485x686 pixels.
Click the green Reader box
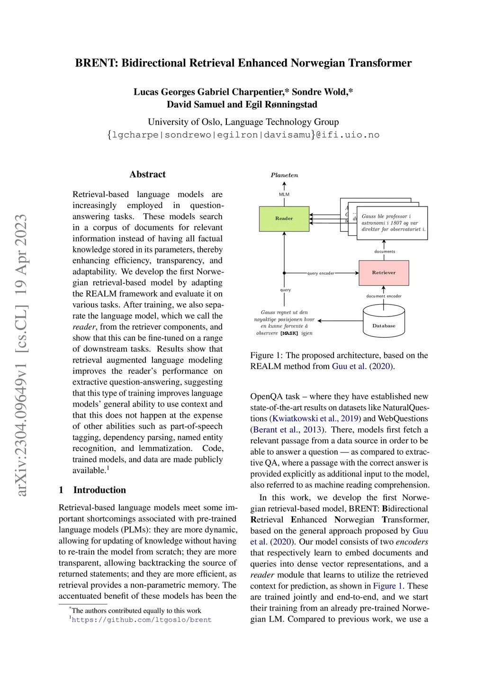tap(284, 218)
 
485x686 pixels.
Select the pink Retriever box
tap(384, 273)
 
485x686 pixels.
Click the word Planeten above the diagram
tap(284, 175)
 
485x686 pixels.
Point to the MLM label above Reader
tap(284, 194)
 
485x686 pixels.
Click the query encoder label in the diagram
tap(321, 273)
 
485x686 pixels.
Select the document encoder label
tap(384, 296)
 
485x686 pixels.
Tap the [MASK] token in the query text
tap(289, 334)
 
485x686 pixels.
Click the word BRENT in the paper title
tap(94, 63)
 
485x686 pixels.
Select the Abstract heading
tap(147, 174)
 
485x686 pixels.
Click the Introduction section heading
tap(99, 490)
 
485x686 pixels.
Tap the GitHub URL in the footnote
tap(142, 620)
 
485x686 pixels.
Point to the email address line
tap(243, 135)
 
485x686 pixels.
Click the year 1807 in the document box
tap(396, 223)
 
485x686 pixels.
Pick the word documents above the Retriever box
tap(385, 252)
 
